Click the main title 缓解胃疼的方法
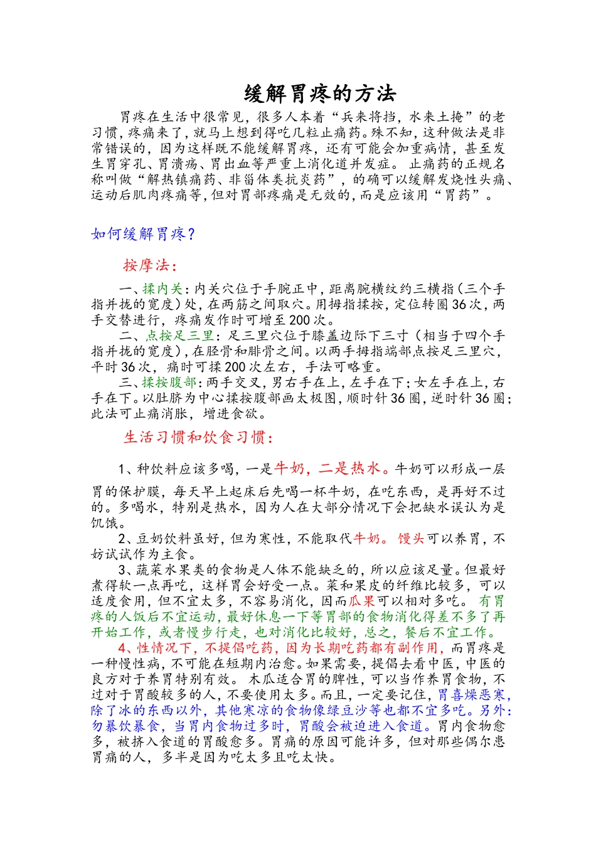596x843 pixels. (320, 94)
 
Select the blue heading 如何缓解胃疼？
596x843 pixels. (144, 235)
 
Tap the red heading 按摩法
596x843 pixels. (146, 265)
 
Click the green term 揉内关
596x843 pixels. (162, 289)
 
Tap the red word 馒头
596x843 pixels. (411, 539)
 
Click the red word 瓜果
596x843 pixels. (362, 602)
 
